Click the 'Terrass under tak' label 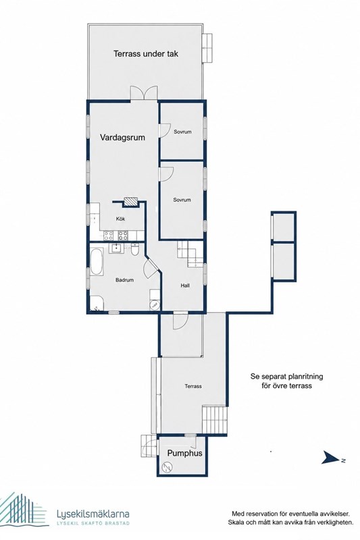pos(146,54)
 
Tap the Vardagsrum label pos(122,138)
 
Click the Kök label pos(121,219)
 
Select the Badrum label pos(124,280)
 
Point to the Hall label pos(185,286)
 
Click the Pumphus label pos(184,453)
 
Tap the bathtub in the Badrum pos(97,261)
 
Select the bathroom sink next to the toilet pos(118,248)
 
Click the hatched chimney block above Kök pos(130,201)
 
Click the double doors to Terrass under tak pos(144,93)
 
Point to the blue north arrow pos(330,458)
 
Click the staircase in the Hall pos(190,254)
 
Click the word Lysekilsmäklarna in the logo pos(93,514)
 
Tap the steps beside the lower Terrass pos(215,419)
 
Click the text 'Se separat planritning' pos(286,377)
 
